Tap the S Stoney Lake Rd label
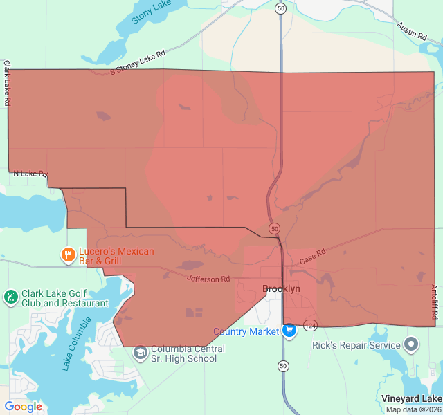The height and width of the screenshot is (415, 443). click(138, 62)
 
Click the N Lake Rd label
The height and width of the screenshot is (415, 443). click(30, 174)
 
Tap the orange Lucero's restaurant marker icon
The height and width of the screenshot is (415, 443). click(68, 255)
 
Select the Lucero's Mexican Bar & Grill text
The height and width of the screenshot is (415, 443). click(116, 256)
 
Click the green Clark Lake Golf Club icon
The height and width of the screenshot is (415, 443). click(10, 297)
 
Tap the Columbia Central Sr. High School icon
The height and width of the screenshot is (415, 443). click(141, 353)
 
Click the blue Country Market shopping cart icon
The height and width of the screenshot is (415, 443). click(289, 331)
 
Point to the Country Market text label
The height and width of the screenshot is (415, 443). click(246, 332)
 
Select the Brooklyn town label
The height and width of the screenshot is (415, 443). click(281, 289)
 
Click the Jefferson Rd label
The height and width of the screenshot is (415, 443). click(208, 279)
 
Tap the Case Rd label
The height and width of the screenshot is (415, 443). click(312, 257)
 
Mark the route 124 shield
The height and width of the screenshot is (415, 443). click(309, 325)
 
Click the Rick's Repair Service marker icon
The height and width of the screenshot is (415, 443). click(412, 344)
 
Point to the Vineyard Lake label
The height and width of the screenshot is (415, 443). click(411, 398)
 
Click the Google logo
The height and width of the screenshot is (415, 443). click(23, 407)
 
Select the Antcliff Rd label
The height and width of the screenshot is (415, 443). click(435, 302)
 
